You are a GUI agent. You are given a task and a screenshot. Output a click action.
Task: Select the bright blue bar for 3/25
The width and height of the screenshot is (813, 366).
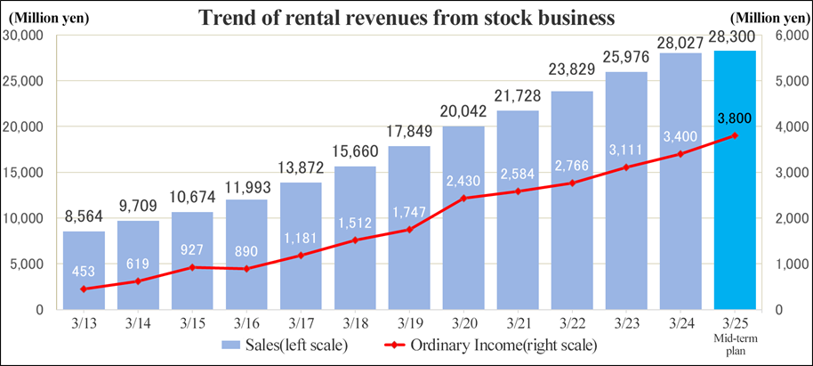point(735,223)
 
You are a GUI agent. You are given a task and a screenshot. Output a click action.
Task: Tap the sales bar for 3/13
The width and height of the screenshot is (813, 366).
point(85,272)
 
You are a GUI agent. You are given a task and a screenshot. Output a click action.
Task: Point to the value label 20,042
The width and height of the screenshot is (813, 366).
point(464,112)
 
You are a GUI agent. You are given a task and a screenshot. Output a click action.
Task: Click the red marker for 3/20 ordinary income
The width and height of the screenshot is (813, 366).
point(464,198)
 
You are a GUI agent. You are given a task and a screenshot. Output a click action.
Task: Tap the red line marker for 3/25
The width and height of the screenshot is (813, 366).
point(736,135)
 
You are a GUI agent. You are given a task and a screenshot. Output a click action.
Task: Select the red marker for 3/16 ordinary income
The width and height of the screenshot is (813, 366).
point(247,268)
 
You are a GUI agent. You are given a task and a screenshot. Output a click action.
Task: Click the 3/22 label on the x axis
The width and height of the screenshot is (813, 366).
point(573,321)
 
